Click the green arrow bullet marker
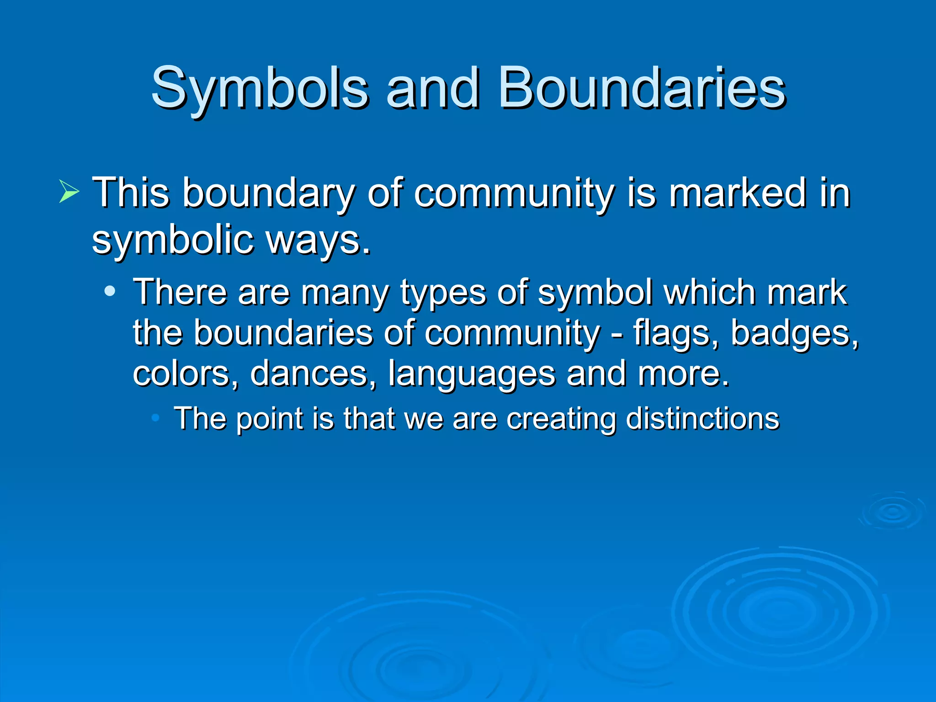tap(69, 192)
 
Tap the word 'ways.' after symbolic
tap(319, 241)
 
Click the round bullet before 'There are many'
tap(110, 291)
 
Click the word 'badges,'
tap(794, 334)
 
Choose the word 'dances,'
tap(314, 373)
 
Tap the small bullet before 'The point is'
tap(155, 417)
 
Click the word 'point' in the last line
tap(269, 419)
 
